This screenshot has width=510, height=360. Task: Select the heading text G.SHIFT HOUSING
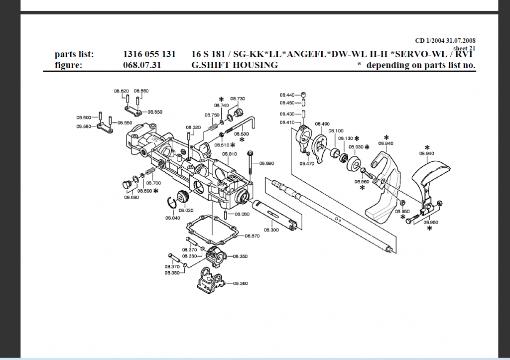[x=235, y=65]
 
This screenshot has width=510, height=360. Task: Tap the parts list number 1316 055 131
[x=149, y=54]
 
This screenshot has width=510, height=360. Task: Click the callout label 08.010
[x=230, y=154]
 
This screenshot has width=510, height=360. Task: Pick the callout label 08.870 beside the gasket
[x=253, y=236]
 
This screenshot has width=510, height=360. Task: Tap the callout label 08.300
[x=271, y=230]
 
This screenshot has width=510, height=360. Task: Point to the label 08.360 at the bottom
[x=241, y=283]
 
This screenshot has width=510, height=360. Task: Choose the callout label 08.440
[x=287, y=95]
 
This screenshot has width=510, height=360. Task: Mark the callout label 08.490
[x=323, y=124]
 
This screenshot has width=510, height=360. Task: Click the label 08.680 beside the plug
[x=131, y=197]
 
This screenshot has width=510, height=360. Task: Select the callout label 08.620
[x=122, y=91]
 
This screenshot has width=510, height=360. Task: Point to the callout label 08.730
[x=238, y=99]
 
